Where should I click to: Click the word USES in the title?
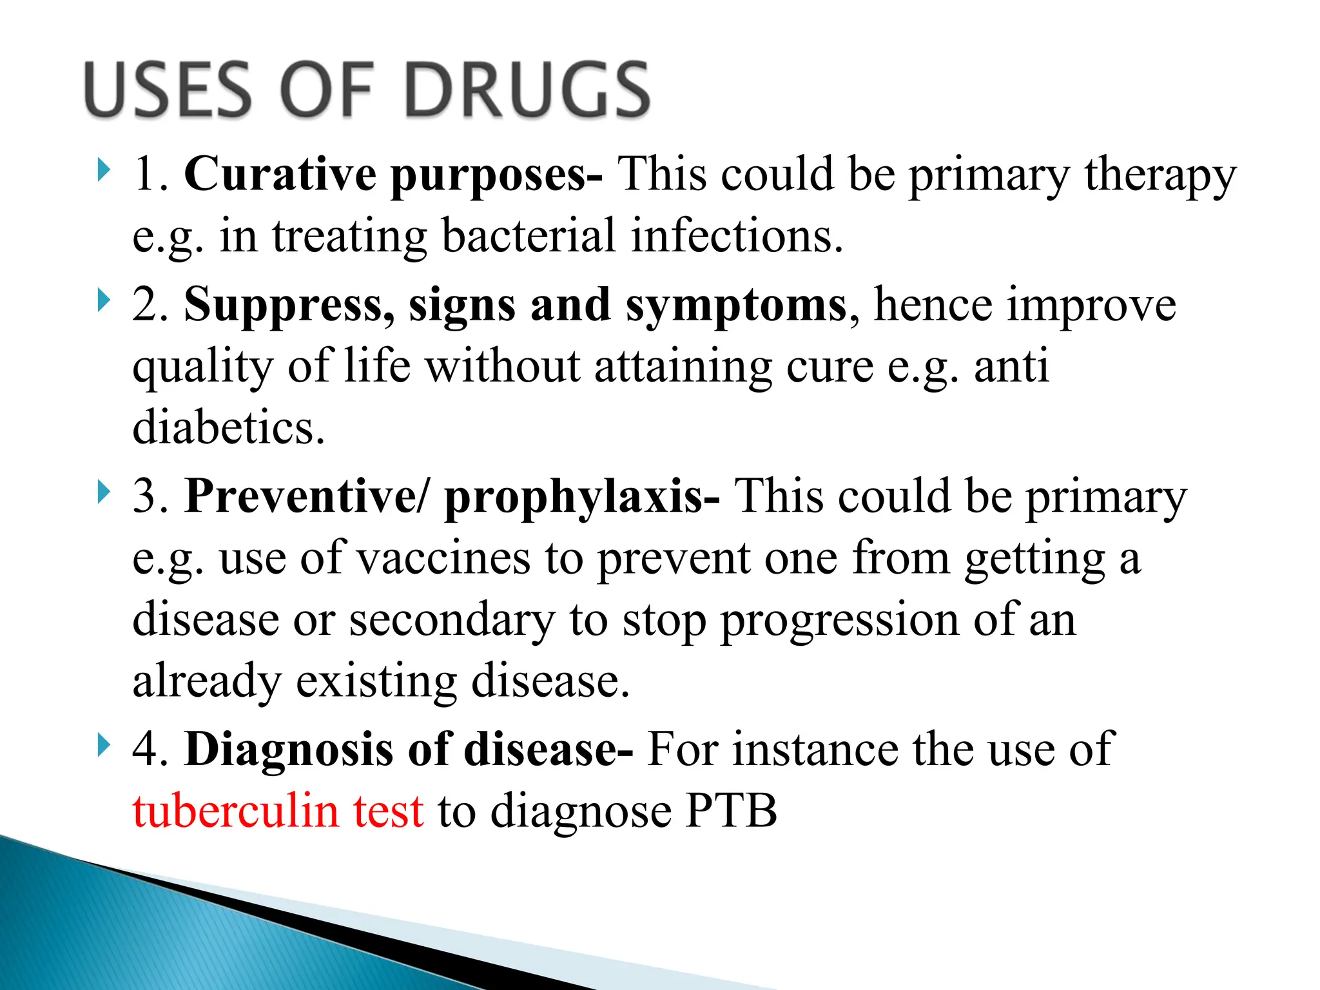167,90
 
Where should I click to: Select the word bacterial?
529,236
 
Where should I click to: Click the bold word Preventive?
300,496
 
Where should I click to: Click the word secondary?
452,620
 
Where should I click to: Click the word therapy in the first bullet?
1160,175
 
